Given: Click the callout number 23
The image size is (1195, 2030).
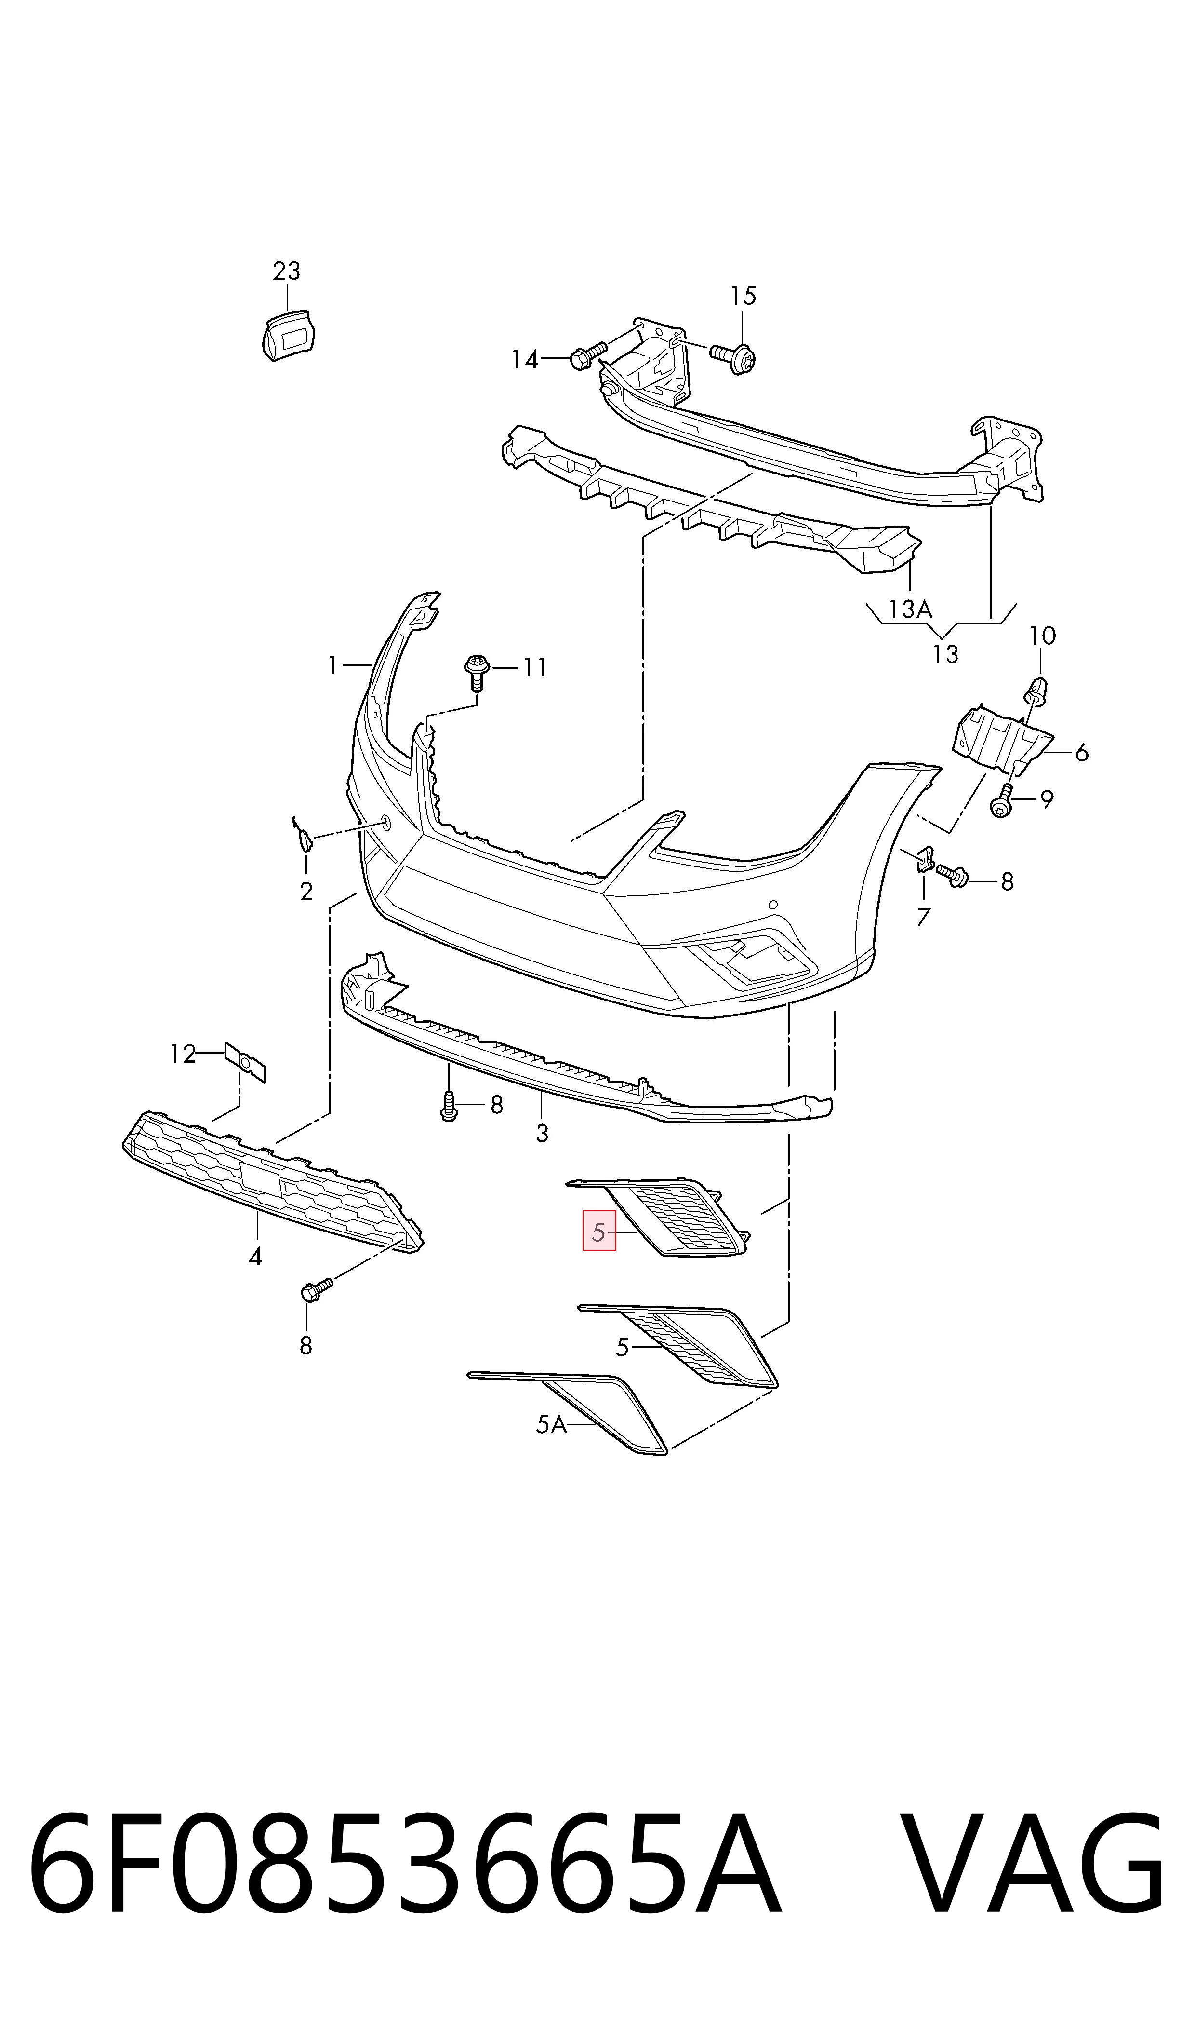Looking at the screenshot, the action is (x=287, y=271).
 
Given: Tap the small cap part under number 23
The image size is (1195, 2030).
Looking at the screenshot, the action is (x=288, y=334).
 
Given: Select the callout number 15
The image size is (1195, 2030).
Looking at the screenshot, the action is (x=743, y=297).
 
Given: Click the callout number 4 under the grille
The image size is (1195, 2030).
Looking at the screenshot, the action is (x=255, y=1256).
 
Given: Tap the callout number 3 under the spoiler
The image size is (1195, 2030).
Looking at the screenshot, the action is (x=542, y=1134).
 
